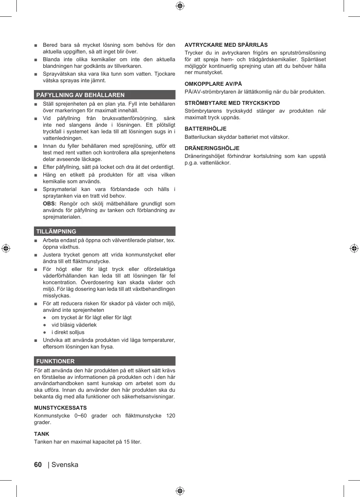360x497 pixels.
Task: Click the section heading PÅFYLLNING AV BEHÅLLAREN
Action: click(x=80, y=95)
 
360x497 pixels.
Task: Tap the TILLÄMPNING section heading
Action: click(x=56, y=231)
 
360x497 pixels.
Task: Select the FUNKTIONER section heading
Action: click(x=55, y=361)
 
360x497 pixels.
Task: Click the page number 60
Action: click(x=38, y=465)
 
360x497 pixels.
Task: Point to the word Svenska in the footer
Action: click(x=65, y=465)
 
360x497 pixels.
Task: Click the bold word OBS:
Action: click(x=50, y=204)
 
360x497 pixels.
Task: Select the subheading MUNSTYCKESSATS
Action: click(x=60, y=408)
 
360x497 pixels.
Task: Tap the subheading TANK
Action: click(x=42, y=434)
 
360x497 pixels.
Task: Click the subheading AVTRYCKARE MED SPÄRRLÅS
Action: click(x=226, y=45)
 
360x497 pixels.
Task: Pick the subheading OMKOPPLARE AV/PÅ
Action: click(x=213, y=84)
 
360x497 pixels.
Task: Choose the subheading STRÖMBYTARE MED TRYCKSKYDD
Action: click(x=232, y=103)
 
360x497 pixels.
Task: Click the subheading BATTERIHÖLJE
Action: click(x=205, y=129)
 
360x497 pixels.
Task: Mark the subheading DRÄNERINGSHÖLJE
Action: click(x=212, y=148)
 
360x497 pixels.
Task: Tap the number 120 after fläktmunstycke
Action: click(x=170, y=416)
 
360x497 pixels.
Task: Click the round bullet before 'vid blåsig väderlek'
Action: click(x=45, y=325)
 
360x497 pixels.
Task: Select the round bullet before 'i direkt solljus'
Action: click(x=45, y=332)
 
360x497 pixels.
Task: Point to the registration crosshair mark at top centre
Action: click(x=180, y=6)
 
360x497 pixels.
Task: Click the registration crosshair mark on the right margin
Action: click(x=354, y=248)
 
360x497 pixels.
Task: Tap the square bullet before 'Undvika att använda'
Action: click(x=35, y=340)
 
